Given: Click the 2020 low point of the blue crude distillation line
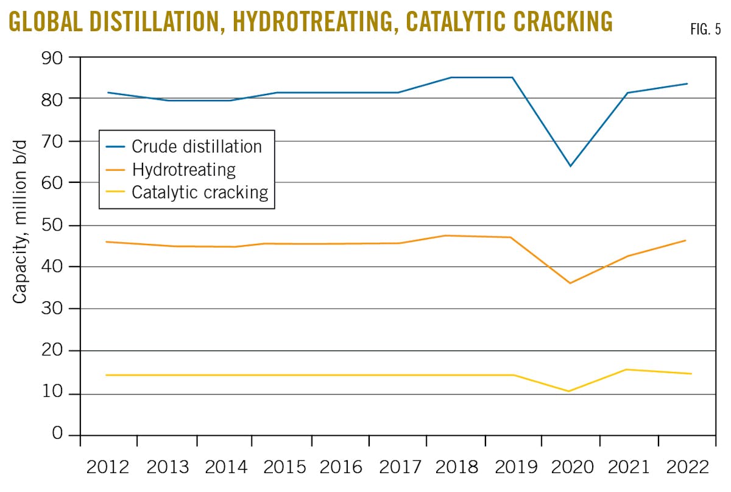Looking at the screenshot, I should tap(570, 166).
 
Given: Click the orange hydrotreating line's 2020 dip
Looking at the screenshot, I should tap(570, 283).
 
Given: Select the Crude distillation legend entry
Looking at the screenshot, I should tap(196, 147).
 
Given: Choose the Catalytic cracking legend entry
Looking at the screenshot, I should tap(200, 193).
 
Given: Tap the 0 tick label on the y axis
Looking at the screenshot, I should tap(57, 434).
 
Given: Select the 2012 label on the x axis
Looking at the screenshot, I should tap(108, 468).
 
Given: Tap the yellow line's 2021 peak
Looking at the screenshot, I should tap(627, 369).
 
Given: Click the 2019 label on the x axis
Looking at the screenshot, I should tap(514, 468).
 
